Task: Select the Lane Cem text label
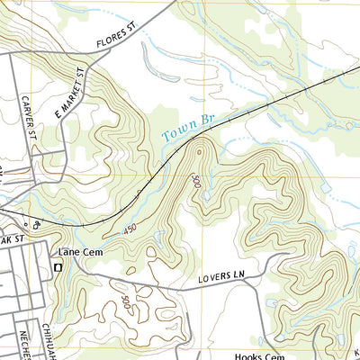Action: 76,253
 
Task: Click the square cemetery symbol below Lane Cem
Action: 59,267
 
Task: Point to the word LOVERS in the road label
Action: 215,283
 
